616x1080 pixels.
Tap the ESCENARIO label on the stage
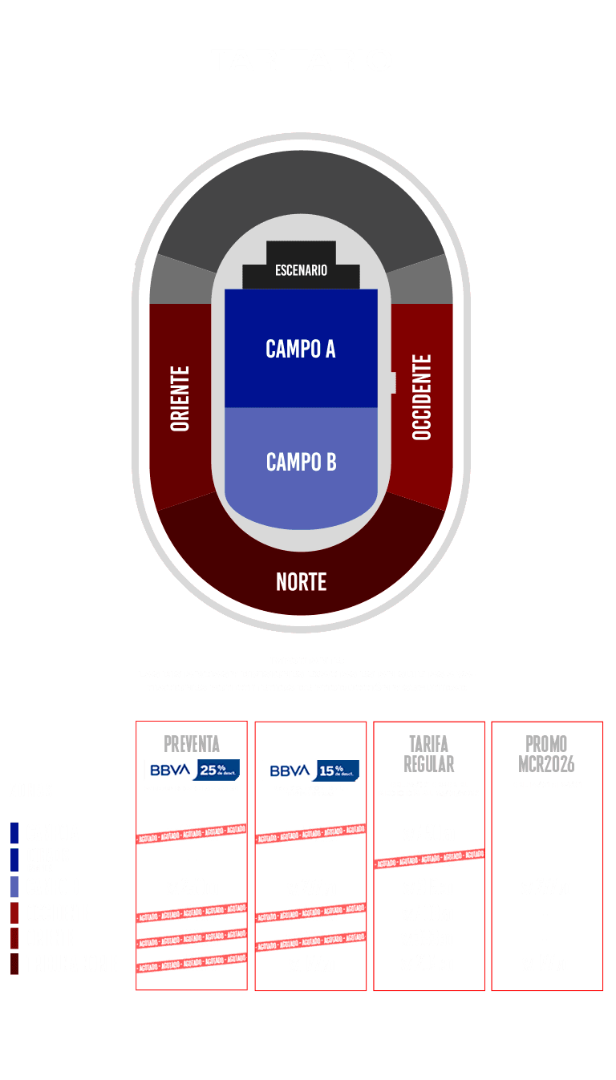click(x=301, y=270)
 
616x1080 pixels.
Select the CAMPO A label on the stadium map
click(x=301, y=349)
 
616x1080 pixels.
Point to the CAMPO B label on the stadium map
click(x=301, y=463)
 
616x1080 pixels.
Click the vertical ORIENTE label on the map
click(x=180, y=398)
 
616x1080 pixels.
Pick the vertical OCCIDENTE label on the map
click(x=422, y=397)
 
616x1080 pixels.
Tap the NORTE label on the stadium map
click(x=301, y=581)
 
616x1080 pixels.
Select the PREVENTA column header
click(x=192, y=743)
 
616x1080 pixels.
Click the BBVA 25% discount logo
click(x=192, y=770)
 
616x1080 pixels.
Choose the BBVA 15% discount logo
click(x=310, y=771)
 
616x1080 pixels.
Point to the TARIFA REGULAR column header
click(x=429, y=754)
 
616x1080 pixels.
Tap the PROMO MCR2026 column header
click(x=546, y=754)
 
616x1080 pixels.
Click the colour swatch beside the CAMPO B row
click(x=14, y=887)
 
